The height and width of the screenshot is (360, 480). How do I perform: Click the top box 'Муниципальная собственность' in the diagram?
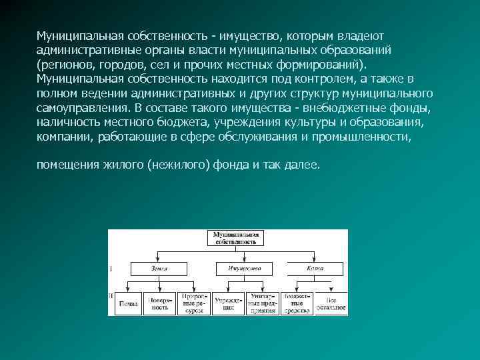[x=234, y=239]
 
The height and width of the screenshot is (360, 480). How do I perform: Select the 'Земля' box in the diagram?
[x=159, y=268]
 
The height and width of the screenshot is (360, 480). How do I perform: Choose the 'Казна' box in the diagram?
[x=315, y=268]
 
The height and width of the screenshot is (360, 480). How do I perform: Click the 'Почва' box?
[x=128, y=303]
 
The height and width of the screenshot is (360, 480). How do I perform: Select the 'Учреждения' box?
[x=229, y=303]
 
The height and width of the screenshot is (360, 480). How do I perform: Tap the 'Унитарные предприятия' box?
[x=263, y=303]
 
